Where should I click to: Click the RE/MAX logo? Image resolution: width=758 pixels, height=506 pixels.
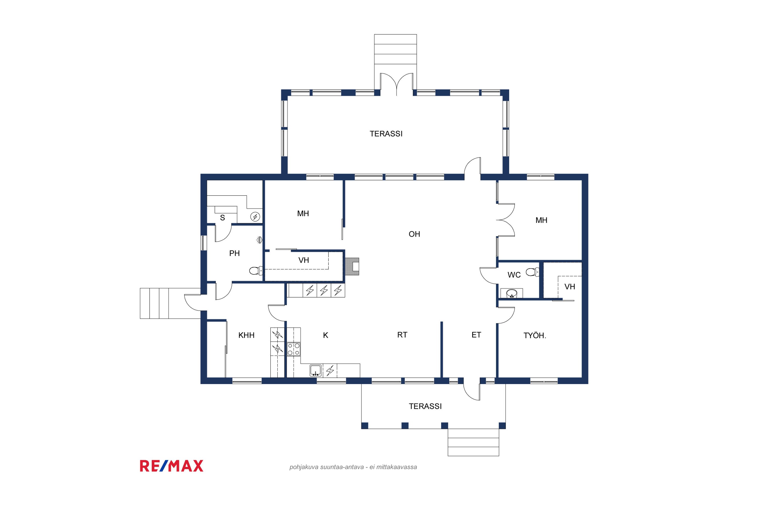(x=172, y=466)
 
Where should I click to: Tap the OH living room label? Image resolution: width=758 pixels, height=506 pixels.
(x=414, y=234)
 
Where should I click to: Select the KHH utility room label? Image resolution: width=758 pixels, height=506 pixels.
(x=246, y=335)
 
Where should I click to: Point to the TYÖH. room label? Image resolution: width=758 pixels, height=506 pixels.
(x=535, y=336)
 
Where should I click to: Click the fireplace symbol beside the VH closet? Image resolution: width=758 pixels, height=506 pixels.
(x=352, y=266)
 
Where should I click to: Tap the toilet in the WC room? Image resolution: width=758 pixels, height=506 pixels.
(x=532, y=272)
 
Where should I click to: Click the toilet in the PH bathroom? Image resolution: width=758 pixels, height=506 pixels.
(x=256, y=270)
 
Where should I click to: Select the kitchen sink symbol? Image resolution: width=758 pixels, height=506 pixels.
(x=316, y=370)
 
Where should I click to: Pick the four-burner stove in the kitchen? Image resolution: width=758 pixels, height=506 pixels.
(x=294, y=349)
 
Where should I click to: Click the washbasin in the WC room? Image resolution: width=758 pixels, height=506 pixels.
(x=511, y=294)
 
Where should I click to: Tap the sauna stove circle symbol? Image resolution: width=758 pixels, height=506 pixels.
(x=255, y=217)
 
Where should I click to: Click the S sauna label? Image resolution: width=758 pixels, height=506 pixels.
(x=222, y=218)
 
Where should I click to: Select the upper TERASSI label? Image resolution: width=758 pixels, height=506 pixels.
(x=386, y=134)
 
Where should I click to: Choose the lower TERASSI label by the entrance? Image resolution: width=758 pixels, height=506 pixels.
(x=425, y=406)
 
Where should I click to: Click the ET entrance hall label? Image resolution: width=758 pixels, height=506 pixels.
(x=476, y=335)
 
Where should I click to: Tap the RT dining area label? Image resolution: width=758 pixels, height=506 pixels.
(x=402, y=335)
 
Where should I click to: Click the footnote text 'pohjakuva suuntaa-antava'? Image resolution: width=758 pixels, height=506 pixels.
(x=326, y=467)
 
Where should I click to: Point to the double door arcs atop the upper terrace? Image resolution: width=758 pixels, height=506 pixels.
(x=397, y=84)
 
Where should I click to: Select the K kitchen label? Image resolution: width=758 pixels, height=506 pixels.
(x=325, y=335)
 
